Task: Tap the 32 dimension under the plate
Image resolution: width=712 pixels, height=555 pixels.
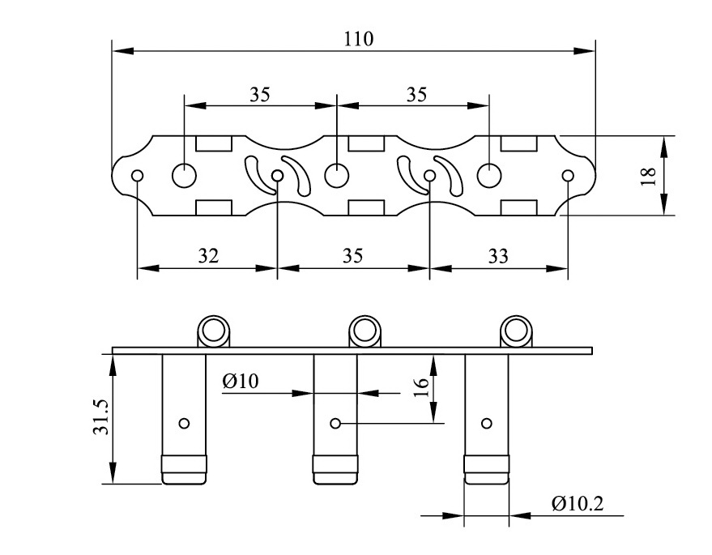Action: click(208, 256)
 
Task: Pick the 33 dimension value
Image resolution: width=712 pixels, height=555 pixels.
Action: click(498, 256)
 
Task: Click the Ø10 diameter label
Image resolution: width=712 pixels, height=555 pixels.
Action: click(241, 382)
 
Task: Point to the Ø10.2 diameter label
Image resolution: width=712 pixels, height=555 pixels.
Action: click(578, 503)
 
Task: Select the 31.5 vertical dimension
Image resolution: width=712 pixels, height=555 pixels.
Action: click(100, 417)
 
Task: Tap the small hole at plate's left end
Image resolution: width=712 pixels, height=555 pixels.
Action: click(138, 175)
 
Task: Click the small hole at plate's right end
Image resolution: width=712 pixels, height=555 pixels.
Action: click(567, 175)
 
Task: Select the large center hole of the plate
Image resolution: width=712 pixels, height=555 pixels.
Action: click(335, 174)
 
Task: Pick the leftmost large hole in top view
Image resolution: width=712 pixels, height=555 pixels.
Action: click(185, 174)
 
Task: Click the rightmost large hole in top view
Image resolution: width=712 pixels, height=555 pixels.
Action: click(488, 174)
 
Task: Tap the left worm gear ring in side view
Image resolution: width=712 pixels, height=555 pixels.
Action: click(215, 330)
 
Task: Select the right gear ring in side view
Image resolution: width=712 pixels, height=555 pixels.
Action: click(515, 330)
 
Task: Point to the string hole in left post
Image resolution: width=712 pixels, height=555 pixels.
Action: click(185, 423)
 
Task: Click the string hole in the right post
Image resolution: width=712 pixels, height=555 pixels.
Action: click(487, 423)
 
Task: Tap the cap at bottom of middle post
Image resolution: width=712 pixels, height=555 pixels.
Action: click(335, 469)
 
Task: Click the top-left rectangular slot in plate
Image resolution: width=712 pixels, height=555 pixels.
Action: click(214, 144)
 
